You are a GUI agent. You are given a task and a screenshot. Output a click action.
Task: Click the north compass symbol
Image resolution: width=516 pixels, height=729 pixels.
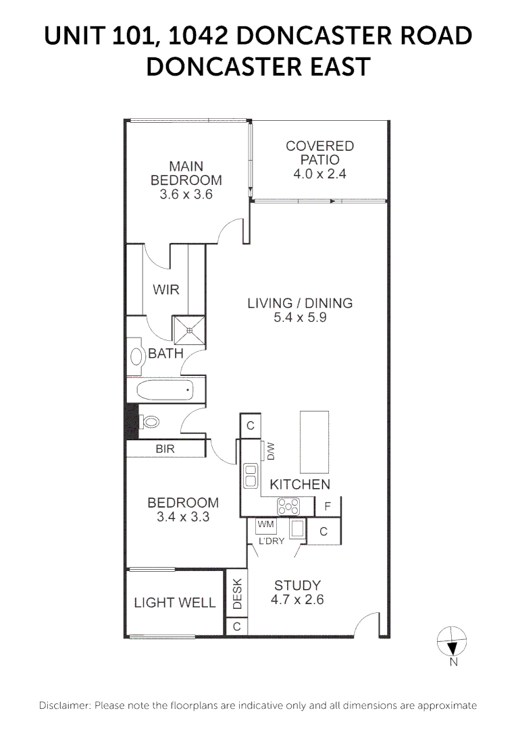click(453, 641)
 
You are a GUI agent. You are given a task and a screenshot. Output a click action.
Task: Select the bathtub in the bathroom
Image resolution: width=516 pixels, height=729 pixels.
click(165, 390)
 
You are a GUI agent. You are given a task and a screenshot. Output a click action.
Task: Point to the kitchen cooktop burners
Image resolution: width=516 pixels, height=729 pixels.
click(289, 506)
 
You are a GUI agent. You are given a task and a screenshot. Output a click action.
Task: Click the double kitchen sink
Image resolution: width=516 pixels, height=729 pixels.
click(251, 475)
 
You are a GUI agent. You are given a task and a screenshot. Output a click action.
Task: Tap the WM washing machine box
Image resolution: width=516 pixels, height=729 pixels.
click(264, 524)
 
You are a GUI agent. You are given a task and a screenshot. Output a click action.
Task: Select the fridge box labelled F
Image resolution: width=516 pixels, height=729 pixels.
click(328, 506)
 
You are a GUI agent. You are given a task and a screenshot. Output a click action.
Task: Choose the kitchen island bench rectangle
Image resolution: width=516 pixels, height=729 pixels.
click(314, 442)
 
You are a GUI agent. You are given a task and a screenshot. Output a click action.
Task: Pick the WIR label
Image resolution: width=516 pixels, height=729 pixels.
click(166, 290)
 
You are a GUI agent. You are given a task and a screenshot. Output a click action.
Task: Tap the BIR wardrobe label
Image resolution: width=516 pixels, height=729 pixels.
click(165, 448)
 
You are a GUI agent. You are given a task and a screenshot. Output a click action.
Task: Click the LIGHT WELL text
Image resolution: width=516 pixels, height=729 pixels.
click(174, 603)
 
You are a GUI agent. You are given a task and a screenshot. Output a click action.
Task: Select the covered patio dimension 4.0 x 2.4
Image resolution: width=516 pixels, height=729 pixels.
click(319, 174)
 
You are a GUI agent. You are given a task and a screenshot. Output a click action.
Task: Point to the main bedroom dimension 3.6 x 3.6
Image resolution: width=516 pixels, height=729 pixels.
click(186, 194)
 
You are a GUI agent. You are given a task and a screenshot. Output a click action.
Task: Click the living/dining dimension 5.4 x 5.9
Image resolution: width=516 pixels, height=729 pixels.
click(300, 317)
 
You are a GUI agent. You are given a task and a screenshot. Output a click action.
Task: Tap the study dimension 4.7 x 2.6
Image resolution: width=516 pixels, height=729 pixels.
click(296, 599)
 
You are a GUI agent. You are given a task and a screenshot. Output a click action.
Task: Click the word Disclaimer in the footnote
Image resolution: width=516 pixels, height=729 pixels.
click(64, 705)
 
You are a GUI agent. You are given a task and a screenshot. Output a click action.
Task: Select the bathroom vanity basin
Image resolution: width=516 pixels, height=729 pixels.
click(136, 356)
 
